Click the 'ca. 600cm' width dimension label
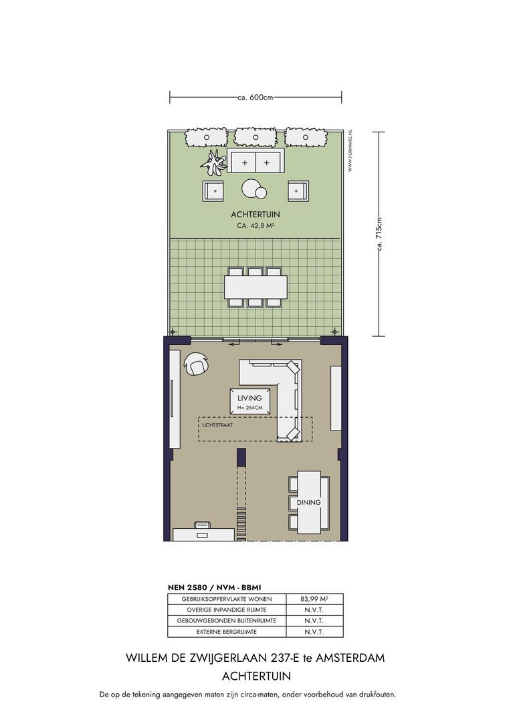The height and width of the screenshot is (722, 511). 255,97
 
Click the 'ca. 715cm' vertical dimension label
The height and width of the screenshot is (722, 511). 379,234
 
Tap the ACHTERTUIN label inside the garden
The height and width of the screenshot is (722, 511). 255,215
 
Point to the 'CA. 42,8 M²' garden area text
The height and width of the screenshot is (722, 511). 255,226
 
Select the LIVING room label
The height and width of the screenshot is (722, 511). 249,398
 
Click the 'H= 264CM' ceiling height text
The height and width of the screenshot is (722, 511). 249,408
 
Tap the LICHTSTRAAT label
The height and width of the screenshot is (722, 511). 217,425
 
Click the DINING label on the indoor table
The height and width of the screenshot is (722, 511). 309,502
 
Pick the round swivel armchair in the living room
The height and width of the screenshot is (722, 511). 197,364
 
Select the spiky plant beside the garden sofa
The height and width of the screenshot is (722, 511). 213,162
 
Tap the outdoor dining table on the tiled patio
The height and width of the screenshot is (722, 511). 255,287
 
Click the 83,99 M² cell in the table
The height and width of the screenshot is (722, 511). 314,599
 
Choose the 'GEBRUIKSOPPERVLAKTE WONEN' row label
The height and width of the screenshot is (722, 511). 227,599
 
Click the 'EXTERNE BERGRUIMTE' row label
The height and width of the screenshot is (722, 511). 227,632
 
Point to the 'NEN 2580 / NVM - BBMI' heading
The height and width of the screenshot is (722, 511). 215,588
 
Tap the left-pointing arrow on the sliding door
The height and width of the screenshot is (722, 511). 235,344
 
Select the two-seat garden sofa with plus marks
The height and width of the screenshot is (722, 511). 255,160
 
